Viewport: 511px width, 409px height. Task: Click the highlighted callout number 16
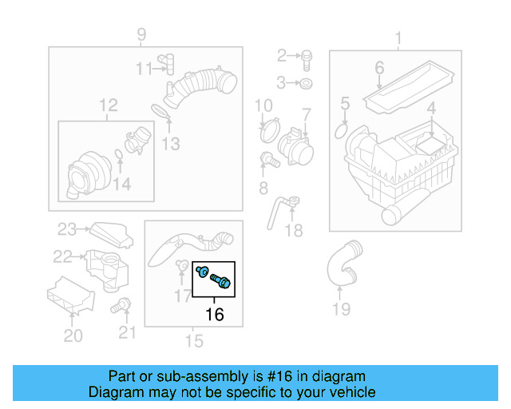tap(215, 314)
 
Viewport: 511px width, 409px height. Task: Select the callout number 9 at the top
tap(141, 34)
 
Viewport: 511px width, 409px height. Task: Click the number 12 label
tap(108, 105)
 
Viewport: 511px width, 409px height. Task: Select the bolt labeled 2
tap(306, 56)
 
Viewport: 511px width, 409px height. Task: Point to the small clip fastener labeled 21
tap(123, 304)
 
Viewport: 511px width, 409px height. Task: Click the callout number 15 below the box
tap(194, 341)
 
